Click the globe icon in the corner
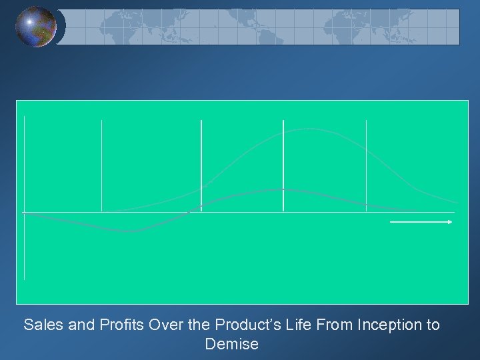click(x=36, y=27)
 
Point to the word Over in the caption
click(x=165, y=325)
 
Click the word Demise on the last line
click(x=232, y=345)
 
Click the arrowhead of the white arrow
click(x=451, y=221)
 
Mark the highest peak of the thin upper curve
click(x=308, y=129)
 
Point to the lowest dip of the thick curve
click(x=130, y=231)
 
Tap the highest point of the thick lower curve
click(x=283, y=189)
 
